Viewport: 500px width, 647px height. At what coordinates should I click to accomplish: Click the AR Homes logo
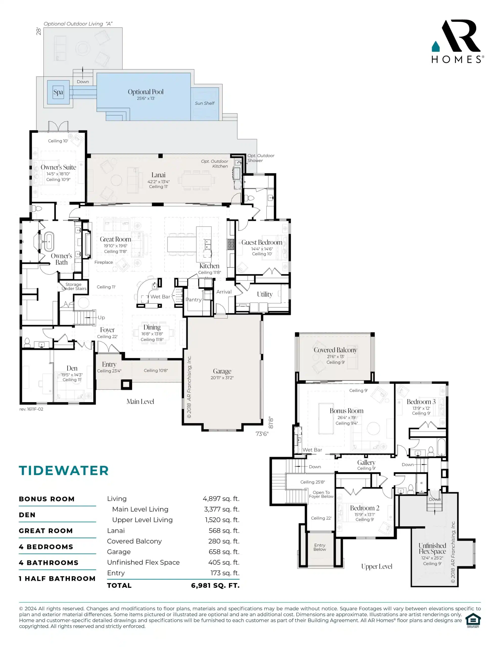pyautogui.click(x=457, y=41)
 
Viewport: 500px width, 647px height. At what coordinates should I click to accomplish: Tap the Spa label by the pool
pyautogui.click(x=58, y=92)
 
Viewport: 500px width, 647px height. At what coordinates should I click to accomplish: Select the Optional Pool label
pyautogui.click(x=146, y=92)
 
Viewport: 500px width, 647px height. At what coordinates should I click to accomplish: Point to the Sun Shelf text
pyautogui.click(x=204, y=103)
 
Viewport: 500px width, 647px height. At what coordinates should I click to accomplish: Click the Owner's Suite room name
pyautogui.click(x=58, y=167)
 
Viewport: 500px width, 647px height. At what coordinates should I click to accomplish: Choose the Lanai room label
pyautogui.click(x=158, y=175)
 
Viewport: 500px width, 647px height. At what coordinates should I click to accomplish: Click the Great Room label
pyautogui.click(x=115, y=239)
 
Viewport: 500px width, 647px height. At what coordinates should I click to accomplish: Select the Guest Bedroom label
pyautogui.click(x=262, y=242)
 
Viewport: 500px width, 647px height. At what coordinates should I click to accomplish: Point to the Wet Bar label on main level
pyautogui.click(x=160, y=296)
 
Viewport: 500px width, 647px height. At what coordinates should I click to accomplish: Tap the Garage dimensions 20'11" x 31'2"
pyautogui.click(x=222, y=378)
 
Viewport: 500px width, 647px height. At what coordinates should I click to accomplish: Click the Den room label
pyautogui.click(x=72, y=368)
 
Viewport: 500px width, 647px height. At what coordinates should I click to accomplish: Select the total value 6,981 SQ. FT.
pyautogui.click(x=215, y=585)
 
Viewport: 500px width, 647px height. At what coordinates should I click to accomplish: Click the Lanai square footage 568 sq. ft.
pyautogui.click(x=224, y=530)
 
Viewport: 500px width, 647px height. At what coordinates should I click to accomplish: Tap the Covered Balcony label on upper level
pyautogui.click(x=335, y=350)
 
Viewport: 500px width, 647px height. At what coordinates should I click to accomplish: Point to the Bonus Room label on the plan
pyautogui.click(x=347, y=411)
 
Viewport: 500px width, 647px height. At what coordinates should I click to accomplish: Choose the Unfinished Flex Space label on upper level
pyautogui.click(x=432, y=548)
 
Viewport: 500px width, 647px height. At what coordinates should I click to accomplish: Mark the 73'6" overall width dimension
pyautogui.click(x=262, y=434)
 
